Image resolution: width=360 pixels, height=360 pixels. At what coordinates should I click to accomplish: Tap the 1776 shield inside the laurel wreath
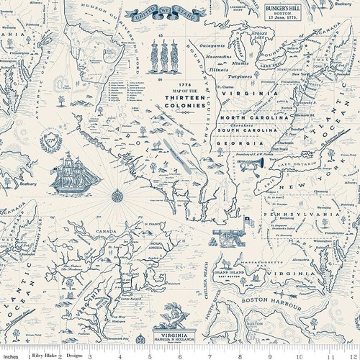click(x=50, y=138)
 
